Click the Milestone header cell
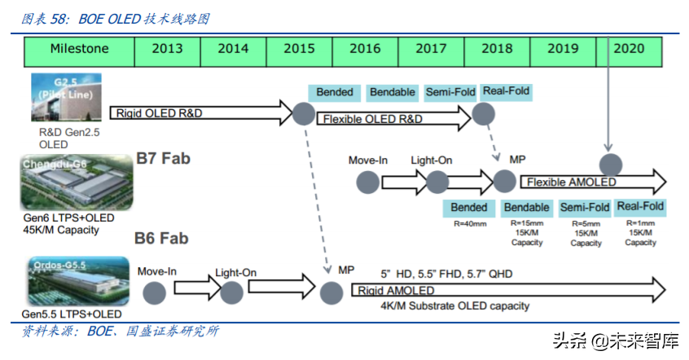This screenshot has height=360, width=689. pos(79,49)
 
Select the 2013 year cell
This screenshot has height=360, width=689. pos(167,49)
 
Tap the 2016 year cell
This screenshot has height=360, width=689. pos(365,49)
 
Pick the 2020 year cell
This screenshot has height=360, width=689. pos(628,49)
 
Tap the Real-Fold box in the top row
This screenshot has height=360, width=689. pos(506,91)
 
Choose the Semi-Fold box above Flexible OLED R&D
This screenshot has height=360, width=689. pos(450,92)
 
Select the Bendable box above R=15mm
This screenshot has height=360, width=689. pos(526,208)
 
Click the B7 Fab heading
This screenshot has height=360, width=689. pos(163,158)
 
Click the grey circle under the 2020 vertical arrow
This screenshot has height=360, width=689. pos(608,162)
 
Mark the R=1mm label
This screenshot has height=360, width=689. pos(640,222)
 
